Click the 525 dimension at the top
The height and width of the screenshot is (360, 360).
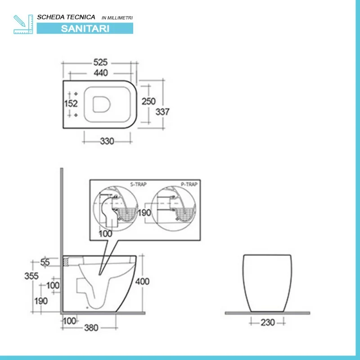pyautogui.click(x=100, y=62)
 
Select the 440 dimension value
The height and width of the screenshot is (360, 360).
pyautogui.click(x=101, y=73)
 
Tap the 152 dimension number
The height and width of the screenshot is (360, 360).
pyautogui.click(x=71, y=103)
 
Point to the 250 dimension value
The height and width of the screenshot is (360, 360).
pyautogui.click(x=148, y=101)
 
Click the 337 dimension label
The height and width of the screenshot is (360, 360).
pyautogui.click(x=162, y=112)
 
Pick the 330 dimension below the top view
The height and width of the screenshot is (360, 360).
pyautogui.click(x=107, y=141)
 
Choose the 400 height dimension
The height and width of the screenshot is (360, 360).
pyautogui.click(x=142, y=281)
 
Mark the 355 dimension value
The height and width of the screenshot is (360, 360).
pyautogui.click(x=31, y=276)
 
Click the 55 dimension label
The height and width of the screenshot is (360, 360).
pyautogui.click(x=45, y=262)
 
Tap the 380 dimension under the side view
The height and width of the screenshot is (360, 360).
pyautogui.click(x=91, y=328)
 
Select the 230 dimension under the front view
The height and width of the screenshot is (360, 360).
pyautogui.click(x=268, y=322)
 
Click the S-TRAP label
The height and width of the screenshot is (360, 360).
pyautogui.click(x=139, y=184)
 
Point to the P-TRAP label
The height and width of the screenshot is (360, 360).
pyautogui.click(x=189, y=184)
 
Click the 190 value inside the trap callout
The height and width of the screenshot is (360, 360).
pyautogui.click(x=144, y=213)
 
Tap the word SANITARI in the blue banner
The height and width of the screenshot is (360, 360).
pyautogui.click(x=85, y=28)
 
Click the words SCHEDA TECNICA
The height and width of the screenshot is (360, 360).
pyautogui.click(x=66, y=17)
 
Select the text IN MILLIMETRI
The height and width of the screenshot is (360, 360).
pyautogui.click(x=117, y=18)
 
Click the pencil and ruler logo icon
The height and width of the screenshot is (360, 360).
pyautogui.click(x=23, y=24)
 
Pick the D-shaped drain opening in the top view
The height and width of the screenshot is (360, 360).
pyautogui.click(x=102, y=104)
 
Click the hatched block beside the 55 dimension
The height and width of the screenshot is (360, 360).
pyautogui.click(x=66, y=261)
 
